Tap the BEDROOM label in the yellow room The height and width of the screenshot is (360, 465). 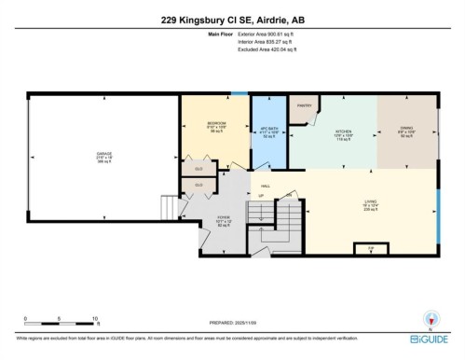pyautogui.click(x=216, y=122)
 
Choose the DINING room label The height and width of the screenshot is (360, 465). pyautogui.click(x=405, y=132)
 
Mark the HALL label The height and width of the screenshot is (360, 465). pyautogui.click(x=266, y=187)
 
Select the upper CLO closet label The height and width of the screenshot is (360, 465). pyautogui.click(x=198, y=168)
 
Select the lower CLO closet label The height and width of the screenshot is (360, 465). pyautogui.click(x=198, y=186)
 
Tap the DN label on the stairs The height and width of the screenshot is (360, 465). pyautogui.click(x=289, y=194)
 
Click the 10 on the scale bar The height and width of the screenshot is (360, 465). pyautogui.click(x=96, y=319)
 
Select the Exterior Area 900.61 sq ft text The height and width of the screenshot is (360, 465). pyautogui.click(x=253, y=44)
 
